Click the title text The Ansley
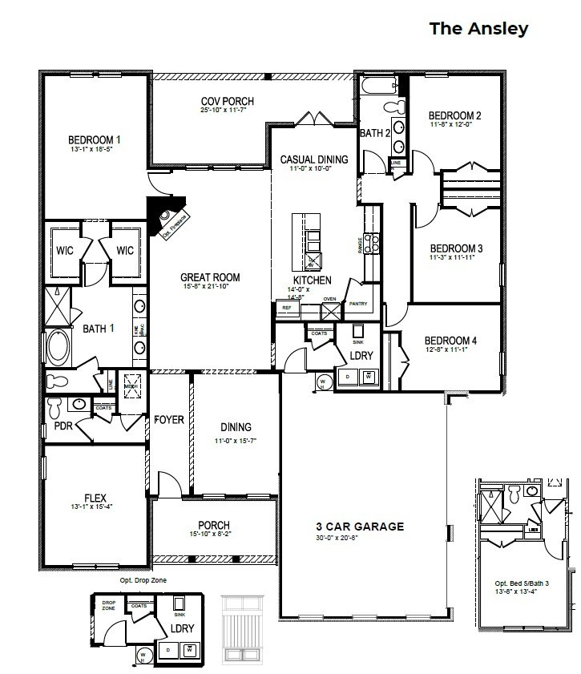click(x=478, y=29)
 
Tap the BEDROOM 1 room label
click(x=95, y=139)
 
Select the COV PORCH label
click(x=216, y=102)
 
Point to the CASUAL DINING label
click(x=314, y=159)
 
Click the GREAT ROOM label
click(x=211, y=278)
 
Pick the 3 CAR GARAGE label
click(x=360, y=527)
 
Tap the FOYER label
click(x=169, y=420)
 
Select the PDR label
click(x=63, y=426)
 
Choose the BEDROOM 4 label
click(x=450, y=341)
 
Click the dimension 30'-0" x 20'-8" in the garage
click(x=359, y=538)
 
